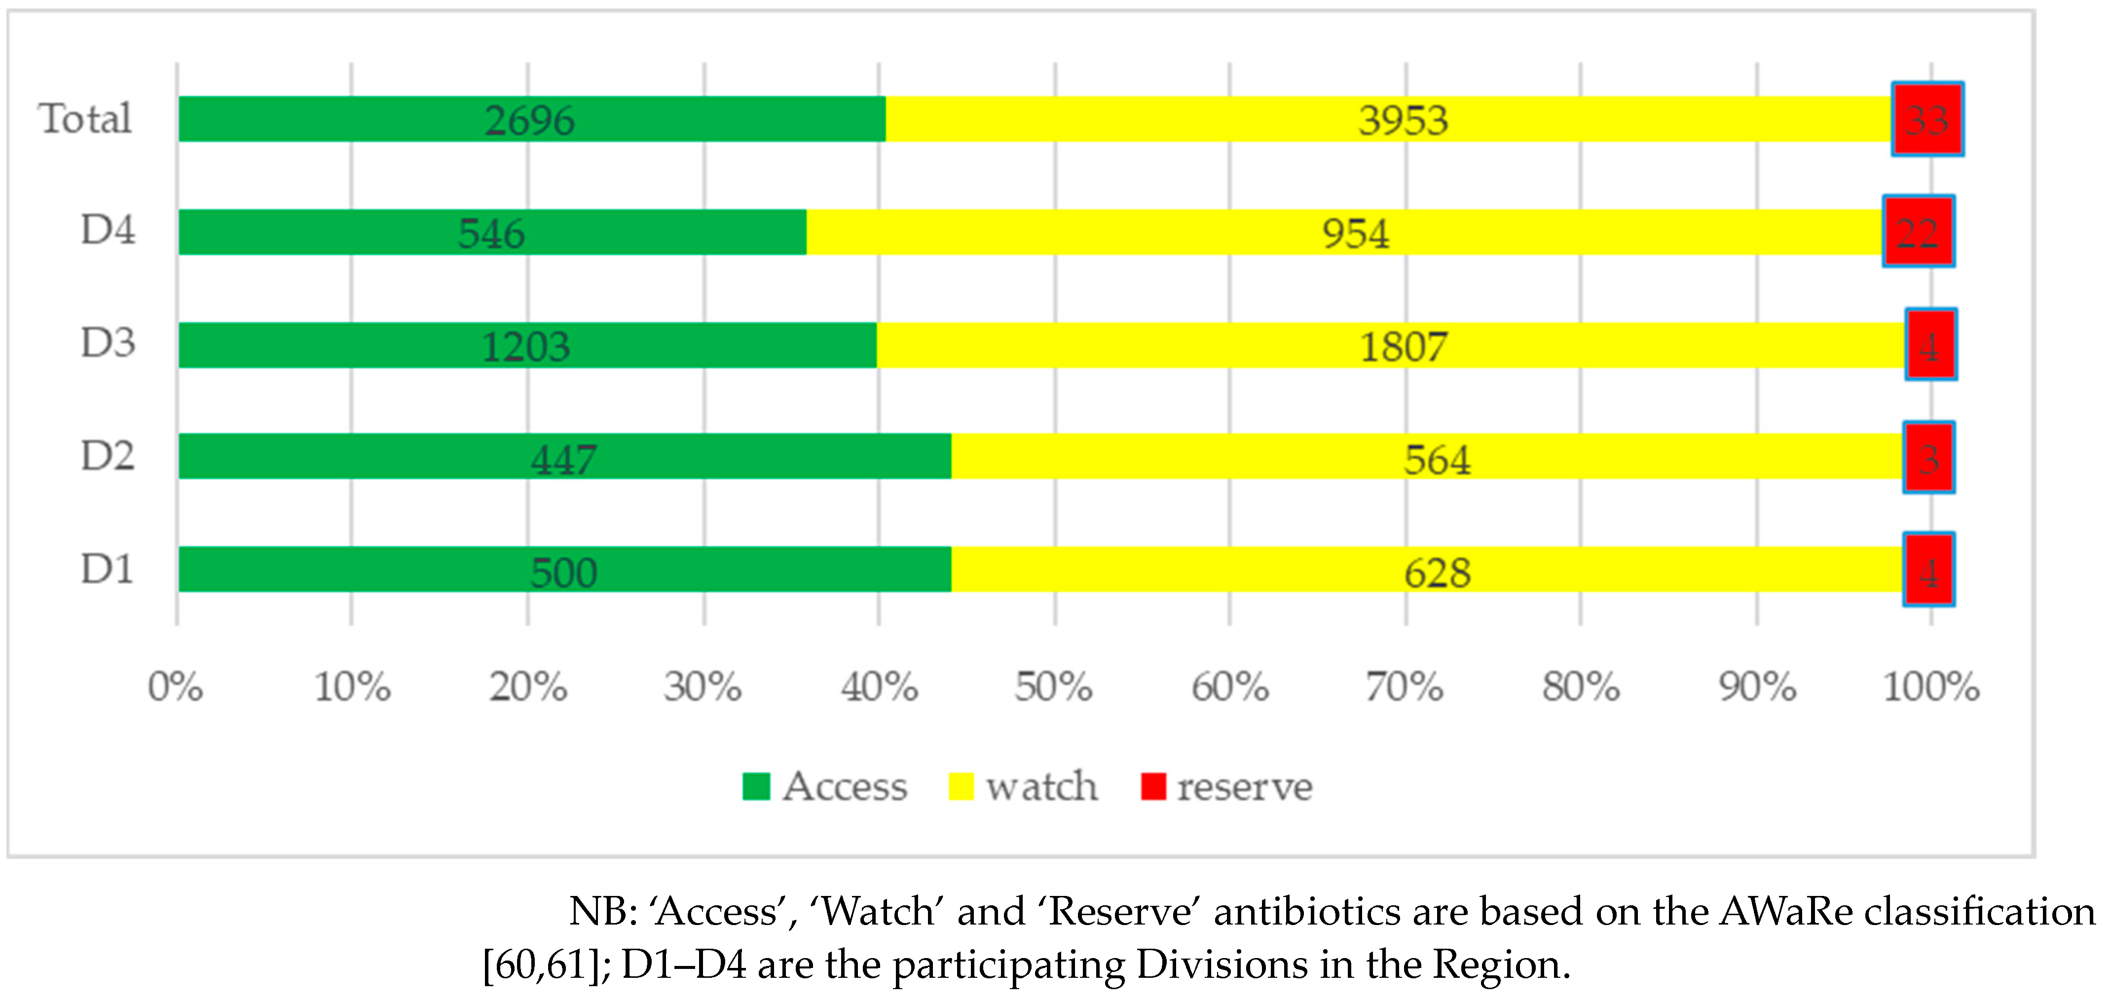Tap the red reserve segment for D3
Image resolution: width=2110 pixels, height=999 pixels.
coord(1930,345)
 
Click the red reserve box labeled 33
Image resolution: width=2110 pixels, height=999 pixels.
coord(1927,119)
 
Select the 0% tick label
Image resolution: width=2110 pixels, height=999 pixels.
coord(175,686)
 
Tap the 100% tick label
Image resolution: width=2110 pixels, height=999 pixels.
coord(1930,686)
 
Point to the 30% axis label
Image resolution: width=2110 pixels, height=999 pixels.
coord(703,686)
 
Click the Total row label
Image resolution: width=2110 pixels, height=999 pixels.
coord(85,119)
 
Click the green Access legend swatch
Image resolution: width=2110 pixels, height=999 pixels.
coord(756,786)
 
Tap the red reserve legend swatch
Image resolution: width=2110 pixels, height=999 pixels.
coord(1153,786)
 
